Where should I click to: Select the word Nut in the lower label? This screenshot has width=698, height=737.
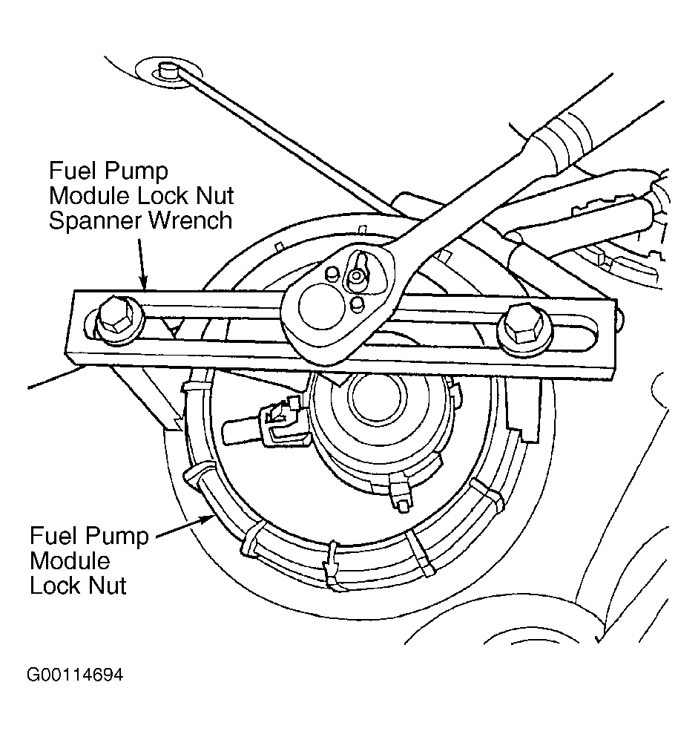coord(105,585)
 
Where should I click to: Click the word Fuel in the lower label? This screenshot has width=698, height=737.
coord(55,536)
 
